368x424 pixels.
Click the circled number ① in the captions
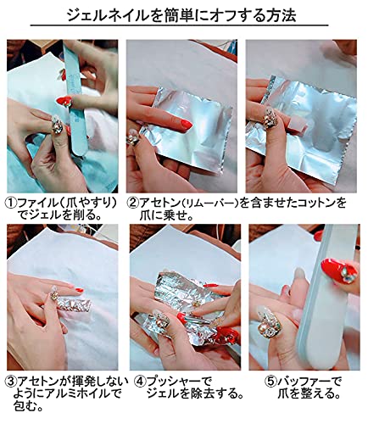point(11,203)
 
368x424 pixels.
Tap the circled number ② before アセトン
point(133,203)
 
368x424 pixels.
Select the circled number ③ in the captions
point(11,382)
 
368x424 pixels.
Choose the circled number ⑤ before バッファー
point(270,382)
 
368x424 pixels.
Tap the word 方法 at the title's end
point(281,16)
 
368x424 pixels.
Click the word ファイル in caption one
point(37,203)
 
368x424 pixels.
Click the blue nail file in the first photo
point(75,99)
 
